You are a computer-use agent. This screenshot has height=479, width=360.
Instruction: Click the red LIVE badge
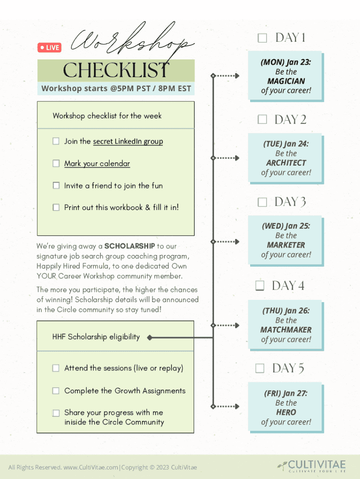click(x=49, y=47)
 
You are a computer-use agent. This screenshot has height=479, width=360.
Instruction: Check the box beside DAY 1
click(x=262, y=38)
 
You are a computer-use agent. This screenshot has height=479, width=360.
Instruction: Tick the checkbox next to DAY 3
click(x=262, y=202)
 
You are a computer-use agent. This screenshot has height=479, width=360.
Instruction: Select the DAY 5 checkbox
click(x=259, y=369)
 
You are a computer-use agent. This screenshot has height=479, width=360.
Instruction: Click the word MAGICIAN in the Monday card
click(x=286, y=81)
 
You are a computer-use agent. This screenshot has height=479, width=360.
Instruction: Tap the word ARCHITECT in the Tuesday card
click(x=286, y=163)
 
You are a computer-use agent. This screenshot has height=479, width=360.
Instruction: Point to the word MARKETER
click(x=286, y=245)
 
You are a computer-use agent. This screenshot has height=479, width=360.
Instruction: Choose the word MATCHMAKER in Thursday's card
click(x=286, y=330)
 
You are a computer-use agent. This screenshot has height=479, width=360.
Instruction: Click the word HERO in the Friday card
click(x=286, y=412)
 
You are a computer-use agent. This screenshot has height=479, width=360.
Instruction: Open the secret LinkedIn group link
click(x=128, y=141)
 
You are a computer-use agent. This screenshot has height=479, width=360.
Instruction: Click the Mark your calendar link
click(x=97, y=163)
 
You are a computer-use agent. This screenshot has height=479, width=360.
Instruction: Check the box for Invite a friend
click(x=56, y=186)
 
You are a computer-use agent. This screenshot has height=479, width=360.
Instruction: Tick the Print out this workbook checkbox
click(x=56, y=207)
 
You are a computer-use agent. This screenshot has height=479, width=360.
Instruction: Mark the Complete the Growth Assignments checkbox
click(x=56, y=391)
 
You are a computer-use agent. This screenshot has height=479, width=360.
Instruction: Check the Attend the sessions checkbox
click(x=56, y=368)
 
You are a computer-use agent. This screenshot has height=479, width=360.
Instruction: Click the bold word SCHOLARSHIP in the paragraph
click(x=130, y=246)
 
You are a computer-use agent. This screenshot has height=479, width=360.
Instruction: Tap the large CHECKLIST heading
click(x=116, y=71)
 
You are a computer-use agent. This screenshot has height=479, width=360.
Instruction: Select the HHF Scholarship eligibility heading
click(x=96, y=337)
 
